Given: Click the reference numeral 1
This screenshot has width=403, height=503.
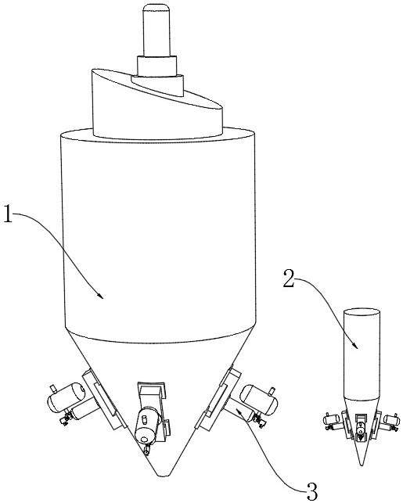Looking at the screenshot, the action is [8, 214].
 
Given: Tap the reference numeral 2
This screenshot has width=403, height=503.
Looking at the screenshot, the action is [289, 278].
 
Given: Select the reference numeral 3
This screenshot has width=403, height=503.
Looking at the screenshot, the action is [312, 491].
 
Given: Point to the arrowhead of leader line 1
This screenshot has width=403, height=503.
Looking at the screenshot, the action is [101, 296].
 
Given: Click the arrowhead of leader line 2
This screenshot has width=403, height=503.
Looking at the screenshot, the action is [355, 346].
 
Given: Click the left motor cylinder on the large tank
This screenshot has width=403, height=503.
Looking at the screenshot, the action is [67, 397].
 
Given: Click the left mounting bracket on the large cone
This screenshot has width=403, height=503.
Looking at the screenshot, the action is [103, 399].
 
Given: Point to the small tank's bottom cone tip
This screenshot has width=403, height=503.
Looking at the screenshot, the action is [362, 465].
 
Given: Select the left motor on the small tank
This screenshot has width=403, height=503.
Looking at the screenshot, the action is [331, 419].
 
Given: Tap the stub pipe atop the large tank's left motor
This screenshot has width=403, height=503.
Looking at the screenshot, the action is [53, 389].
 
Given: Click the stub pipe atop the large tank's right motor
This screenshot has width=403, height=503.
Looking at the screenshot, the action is [273, 391].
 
